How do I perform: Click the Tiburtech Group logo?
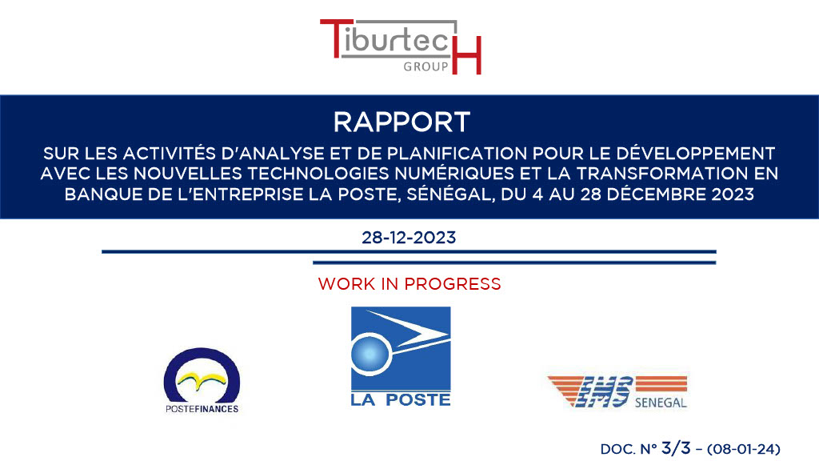401,46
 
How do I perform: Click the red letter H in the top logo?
466,54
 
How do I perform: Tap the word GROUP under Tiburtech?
425,66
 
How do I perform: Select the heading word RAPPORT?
402,122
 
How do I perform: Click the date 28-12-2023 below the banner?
409,238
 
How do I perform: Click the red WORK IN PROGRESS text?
409,284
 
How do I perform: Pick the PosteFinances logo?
202,380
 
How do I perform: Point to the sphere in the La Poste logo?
370,354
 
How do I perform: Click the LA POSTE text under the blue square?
401,400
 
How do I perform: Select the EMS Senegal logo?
617,391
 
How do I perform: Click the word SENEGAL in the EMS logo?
661,403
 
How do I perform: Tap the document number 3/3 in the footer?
676,448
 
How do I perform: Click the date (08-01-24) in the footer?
744,449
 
